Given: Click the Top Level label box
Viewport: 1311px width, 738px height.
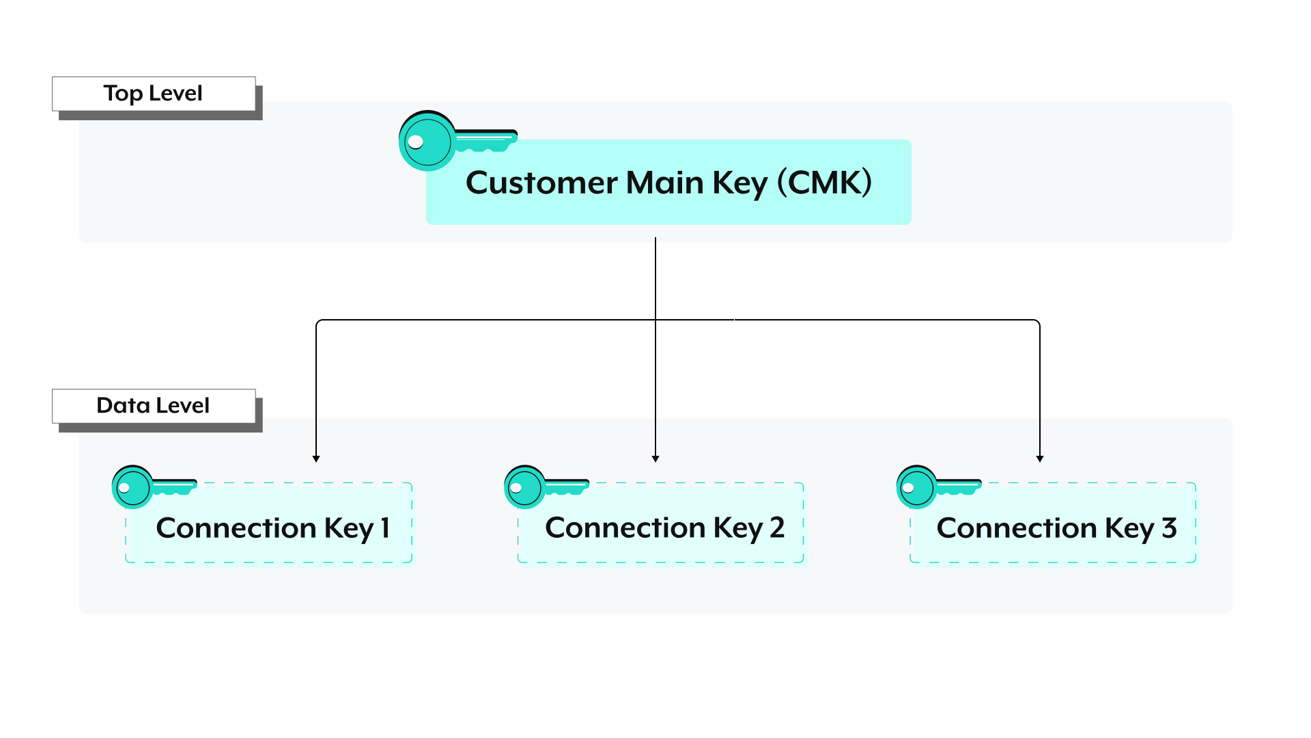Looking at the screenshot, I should click(x=154, y=94).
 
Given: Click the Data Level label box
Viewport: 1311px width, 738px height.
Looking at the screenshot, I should click(x=154, y=406).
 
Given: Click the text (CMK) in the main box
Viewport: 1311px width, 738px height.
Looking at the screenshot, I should click(x=824, y=182).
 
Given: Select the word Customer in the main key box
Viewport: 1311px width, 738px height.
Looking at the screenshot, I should click(x=541, y=183).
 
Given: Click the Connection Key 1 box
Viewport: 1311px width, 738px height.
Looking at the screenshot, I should click(x=269, y=523).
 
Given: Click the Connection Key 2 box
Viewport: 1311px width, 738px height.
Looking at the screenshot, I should click(x=661, y=523).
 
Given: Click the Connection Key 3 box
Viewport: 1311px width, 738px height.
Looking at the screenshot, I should click(x=1053, y=523).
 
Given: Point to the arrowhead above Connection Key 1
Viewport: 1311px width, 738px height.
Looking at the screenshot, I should click(x=316, y=459).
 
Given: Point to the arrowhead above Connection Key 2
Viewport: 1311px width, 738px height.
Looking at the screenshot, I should click(x=655, y=459).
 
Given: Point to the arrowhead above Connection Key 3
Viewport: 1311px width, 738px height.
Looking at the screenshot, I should click(x=1040, y=459).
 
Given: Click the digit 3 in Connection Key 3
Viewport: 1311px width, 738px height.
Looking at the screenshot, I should click(x=1169, y=528).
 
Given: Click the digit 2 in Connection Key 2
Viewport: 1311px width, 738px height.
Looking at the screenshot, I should click(x=777, y=528).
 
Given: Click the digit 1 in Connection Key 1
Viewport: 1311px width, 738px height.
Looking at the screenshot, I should click(x=385, y=528).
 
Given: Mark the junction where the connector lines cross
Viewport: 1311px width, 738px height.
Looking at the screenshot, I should click(x=655, y=320).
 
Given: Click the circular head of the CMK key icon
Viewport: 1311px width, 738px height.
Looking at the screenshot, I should click(x=426, y=141).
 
